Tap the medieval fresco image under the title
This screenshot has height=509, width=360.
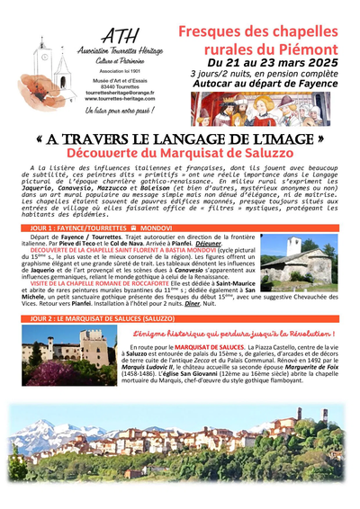259,108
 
